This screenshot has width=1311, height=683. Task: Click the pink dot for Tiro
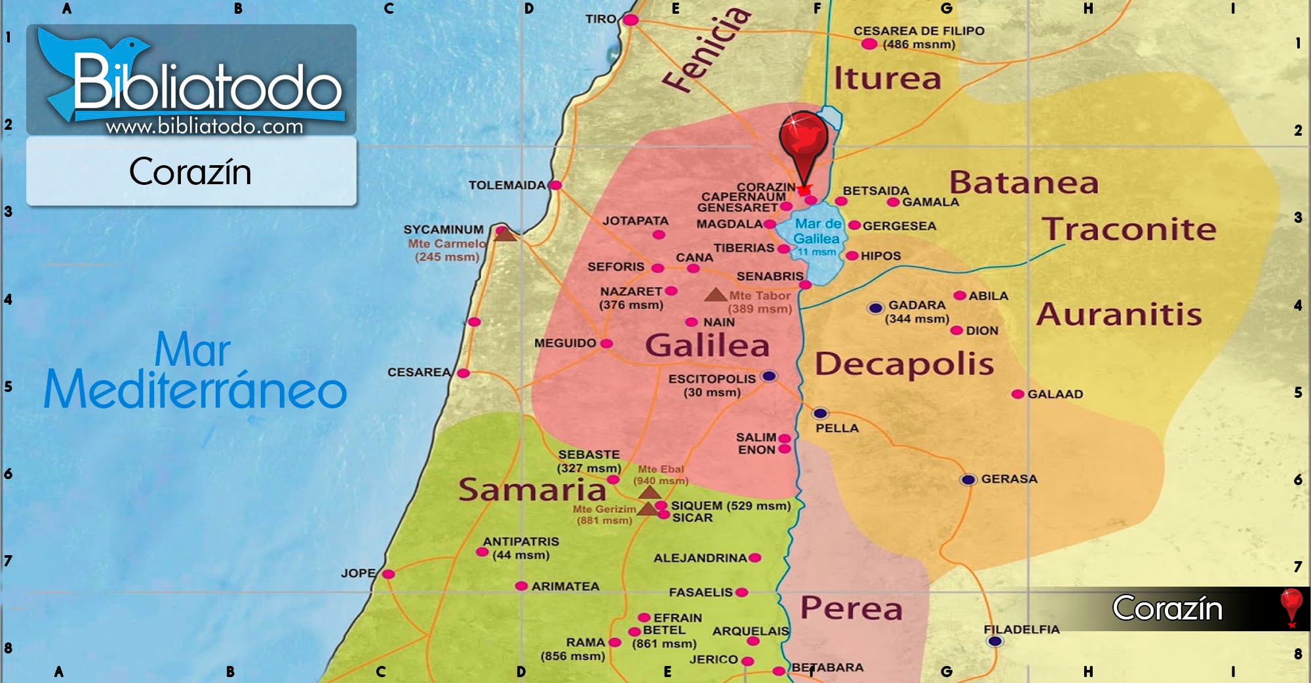pyautogui.click(x=631, y=20)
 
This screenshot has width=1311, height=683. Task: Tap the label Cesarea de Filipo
pyautogui.click(x=918, y=31)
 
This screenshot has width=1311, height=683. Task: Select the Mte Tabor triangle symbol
pyautogui.click(x=715, y=295)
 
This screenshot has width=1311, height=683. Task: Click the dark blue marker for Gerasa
pyautogui.click(x=968, y=480)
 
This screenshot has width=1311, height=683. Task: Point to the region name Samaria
pyautogui.click(x=532, y=490)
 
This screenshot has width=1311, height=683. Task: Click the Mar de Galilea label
pyautogui.click(x=817, y=231)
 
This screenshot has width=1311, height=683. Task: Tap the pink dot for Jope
pyautogui.click(x=388, y=574)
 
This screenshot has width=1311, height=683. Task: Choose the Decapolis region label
pyautogui.click(x=904, y=364)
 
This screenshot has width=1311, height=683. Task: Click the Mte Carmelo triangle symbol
pyautogui.click(x=505, y=234)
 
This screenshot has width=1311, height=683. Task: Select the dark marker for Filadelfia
pyautogui.click(x=994, y=641)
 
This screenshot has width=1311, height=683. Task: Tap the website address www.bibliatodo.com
pyautogui.click(x=205, y=126)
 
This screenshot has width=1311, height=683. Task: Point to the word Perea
pyautogui.click(x=851, y=608)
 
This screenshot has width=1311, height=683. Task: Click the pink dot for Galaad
pyautogui.click(x=1017, y=394)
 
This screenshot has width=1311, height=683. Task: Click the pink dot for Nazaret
pyautogui.click(x=671, y=291)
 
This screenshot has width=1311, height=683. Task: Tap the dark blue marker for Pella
pyautogui.click(x=820, y=414)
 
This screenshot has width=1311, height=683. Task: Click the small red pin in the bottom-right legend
pyautogui.click(x=1291, y=605)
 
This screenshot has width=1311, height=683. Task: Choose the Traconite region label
pyautogui.click(x=1129, y=229)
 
